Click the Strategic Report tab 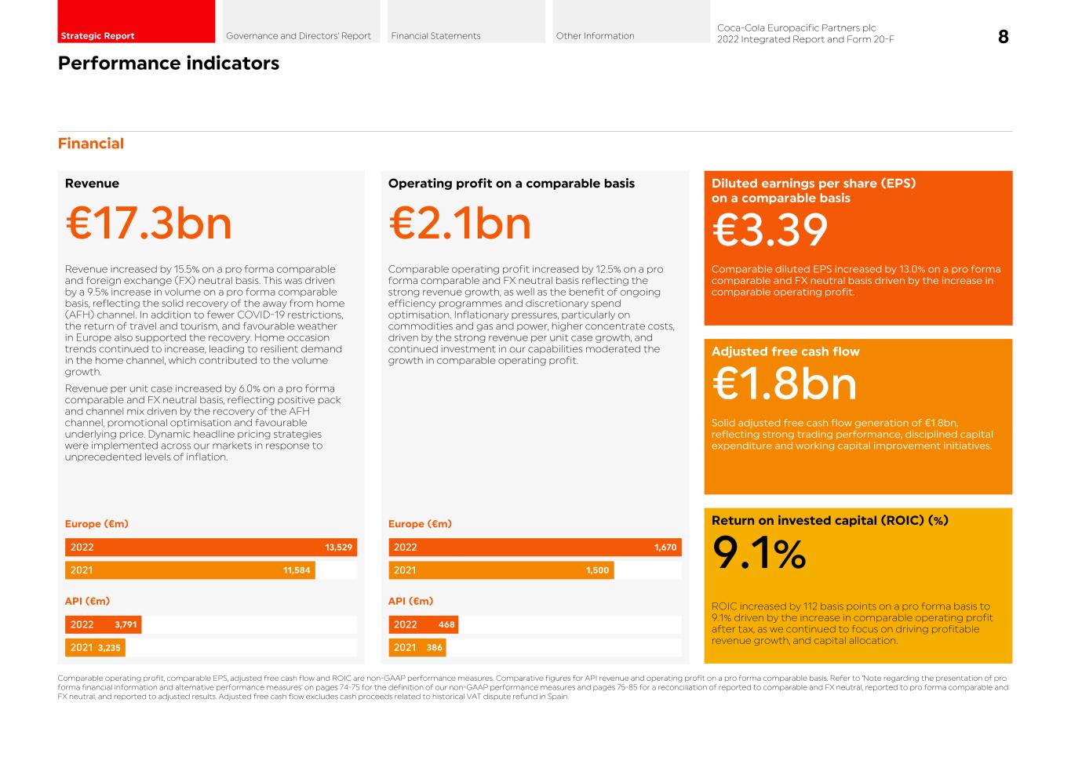(136, 22)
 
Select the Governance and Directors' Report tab (301, 22)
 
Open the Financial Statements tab (465, 22)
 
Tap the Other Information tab (630, 22)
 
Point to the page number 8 (1003, 37)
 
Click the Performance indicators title (169, 64)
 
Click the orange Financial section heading (91, 144)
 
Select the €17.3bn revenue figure (149, 224)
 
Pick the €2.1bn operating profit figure (460, 224)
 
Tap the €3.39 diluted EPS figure (770, 231)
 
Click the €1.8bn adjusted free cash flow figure (784, 384)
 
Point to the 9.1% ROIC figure (759, 554)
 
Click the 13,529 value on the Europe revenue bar (338, 548)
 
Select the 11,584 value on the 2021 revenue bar (297, 570)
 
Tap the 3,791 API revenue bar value (126, 625)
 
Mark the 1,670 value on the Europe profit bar (665, 548)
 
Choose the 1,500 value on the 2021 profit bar (597, 570)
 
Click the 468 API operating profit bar (424, 625)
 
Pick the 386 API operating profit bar (417, 648)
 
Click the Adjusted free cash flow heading (785, 352)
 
